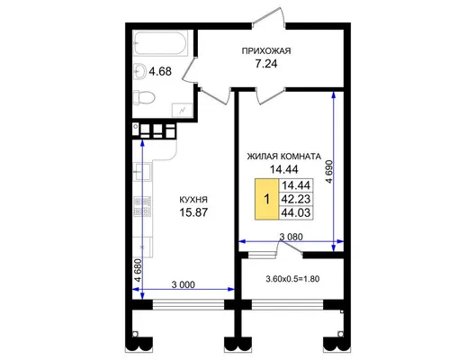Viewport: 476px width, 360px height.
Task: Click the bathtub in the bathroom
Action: coord(160,43)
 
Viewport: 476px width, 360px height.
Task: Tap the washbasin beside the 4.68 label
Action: coord(140,72)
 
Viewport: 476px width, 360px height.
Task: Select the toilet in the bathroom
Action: coord(144,97)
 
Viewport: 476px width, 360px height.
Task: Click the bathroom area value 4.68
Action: coord(160,72)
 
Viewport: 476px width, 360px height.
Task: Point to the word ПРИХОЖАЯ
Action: coord(266,51)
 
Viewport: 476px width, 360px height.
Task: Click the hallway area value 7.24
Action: coord(266,64)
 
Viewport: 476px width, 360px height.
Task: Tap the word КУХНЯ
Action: coord(193,200)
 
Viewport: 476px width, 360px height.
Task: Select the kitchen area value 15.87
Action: coord(193,212)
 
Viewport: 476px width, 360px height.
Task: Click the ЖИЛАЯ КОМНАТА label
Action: coord(283,157)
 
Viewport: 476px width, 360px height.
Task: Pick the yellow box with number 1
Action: coord(266,199)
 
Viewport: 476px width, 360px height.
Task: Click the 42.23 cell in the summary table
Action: coord(296,199)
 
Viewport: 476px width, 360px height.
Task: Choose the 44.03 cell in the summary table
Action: coord(296,212)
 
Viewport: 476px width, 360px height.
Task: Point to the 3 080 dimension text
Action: coord(292,237)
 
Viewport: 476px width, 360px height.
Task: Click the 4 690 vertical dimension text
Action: coord(329,172)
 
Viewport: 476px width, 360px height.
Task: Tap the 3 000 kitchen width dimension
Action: coord(184,284)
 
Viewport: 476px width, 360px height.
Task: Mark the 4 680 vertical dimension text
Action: coord(138,271)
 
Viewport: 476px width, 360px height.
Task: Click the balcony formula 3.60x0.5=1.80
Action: coord(292,279)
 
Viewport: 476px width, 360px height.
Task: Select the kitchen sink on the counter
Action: coord(142,172)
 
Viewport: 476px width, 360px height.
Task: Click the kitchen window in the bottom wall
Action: coord(188,304)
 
